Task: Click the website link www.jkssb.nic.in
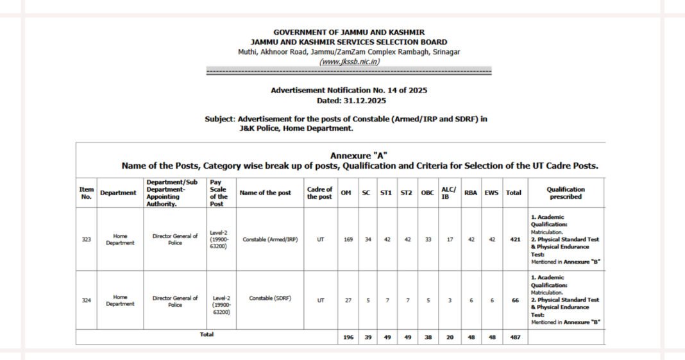[349, 62]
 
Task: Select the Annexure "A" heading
[359, 156]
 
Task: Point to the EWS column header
[491, 193]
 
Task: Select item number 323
[86, 239]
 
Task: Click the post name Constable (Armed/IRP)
[270, 239]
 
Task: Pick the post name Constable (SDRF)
[270, 298]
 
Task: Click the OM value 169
[348, 239]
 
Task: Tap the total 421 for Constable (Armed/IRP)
[514, 239]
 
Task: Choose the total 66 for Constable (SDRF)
[515, 300]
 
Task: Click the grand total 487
[514, 337]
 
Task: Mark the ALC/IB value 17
[450, 239]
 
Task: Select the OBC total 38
[427, 337]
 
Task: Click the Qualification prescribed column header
[566, 193]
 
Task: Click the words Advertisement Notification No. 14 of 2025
[349, 90]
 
